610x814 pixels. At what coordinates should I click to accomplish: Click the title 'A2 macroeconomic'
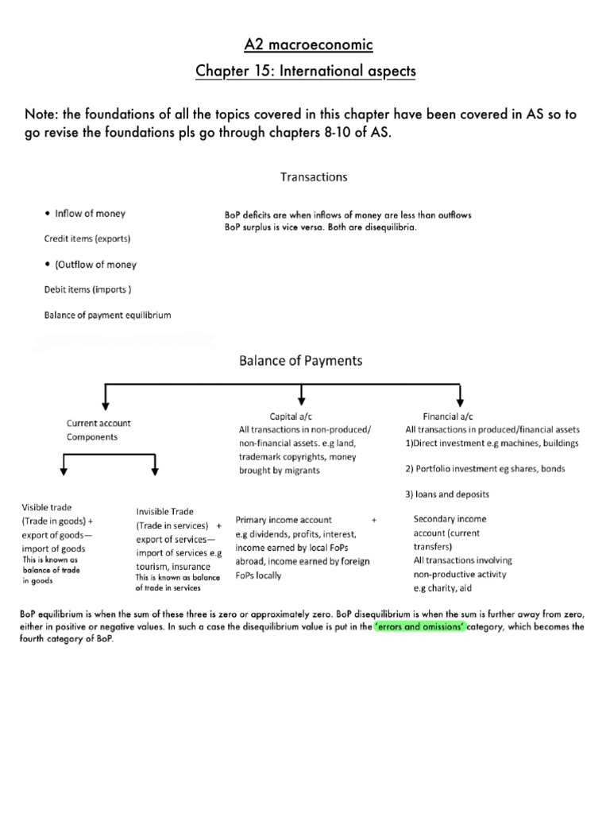click(x=305, y=44)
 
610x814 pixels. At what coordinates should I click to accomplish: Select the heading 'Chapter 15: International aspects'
click(x=305, y=72)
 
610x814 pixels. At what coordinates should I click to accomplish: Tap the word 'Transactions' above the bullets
click(x=313, y=176)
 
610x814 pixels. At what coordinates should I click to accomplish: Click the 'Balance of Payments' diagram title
click(x=300, y=360)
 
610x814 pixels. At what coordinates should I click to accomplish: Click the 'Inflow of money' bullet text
click(x=89, y=213)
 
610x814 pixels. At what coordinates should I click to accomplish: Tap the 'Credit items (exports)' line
click(x=87, y=238)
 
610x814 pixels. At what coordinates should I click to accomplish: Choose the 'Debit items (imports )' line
click(x=87, y=289)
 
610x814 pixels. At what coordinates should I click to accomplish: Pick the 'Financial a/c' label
click(x=449, y=416)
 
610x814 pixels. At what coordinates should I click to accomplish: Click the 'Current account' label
click(x=98, y=424)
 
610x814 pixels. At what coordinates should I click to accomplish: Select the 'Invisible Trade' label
click(x=164, y=512)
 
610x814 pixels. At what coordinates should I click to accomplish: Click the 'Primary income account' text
click(x=284, y=519)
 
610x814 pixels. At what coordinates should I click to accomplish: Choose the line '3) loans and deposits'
click(x=447, y=494)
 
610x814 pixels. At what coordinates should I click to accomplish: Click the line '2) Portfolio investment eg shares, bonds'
click(x=485, y=468)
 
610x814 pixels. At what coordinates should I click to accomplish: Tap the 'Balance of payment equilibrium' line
click(x=107, y=315)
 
